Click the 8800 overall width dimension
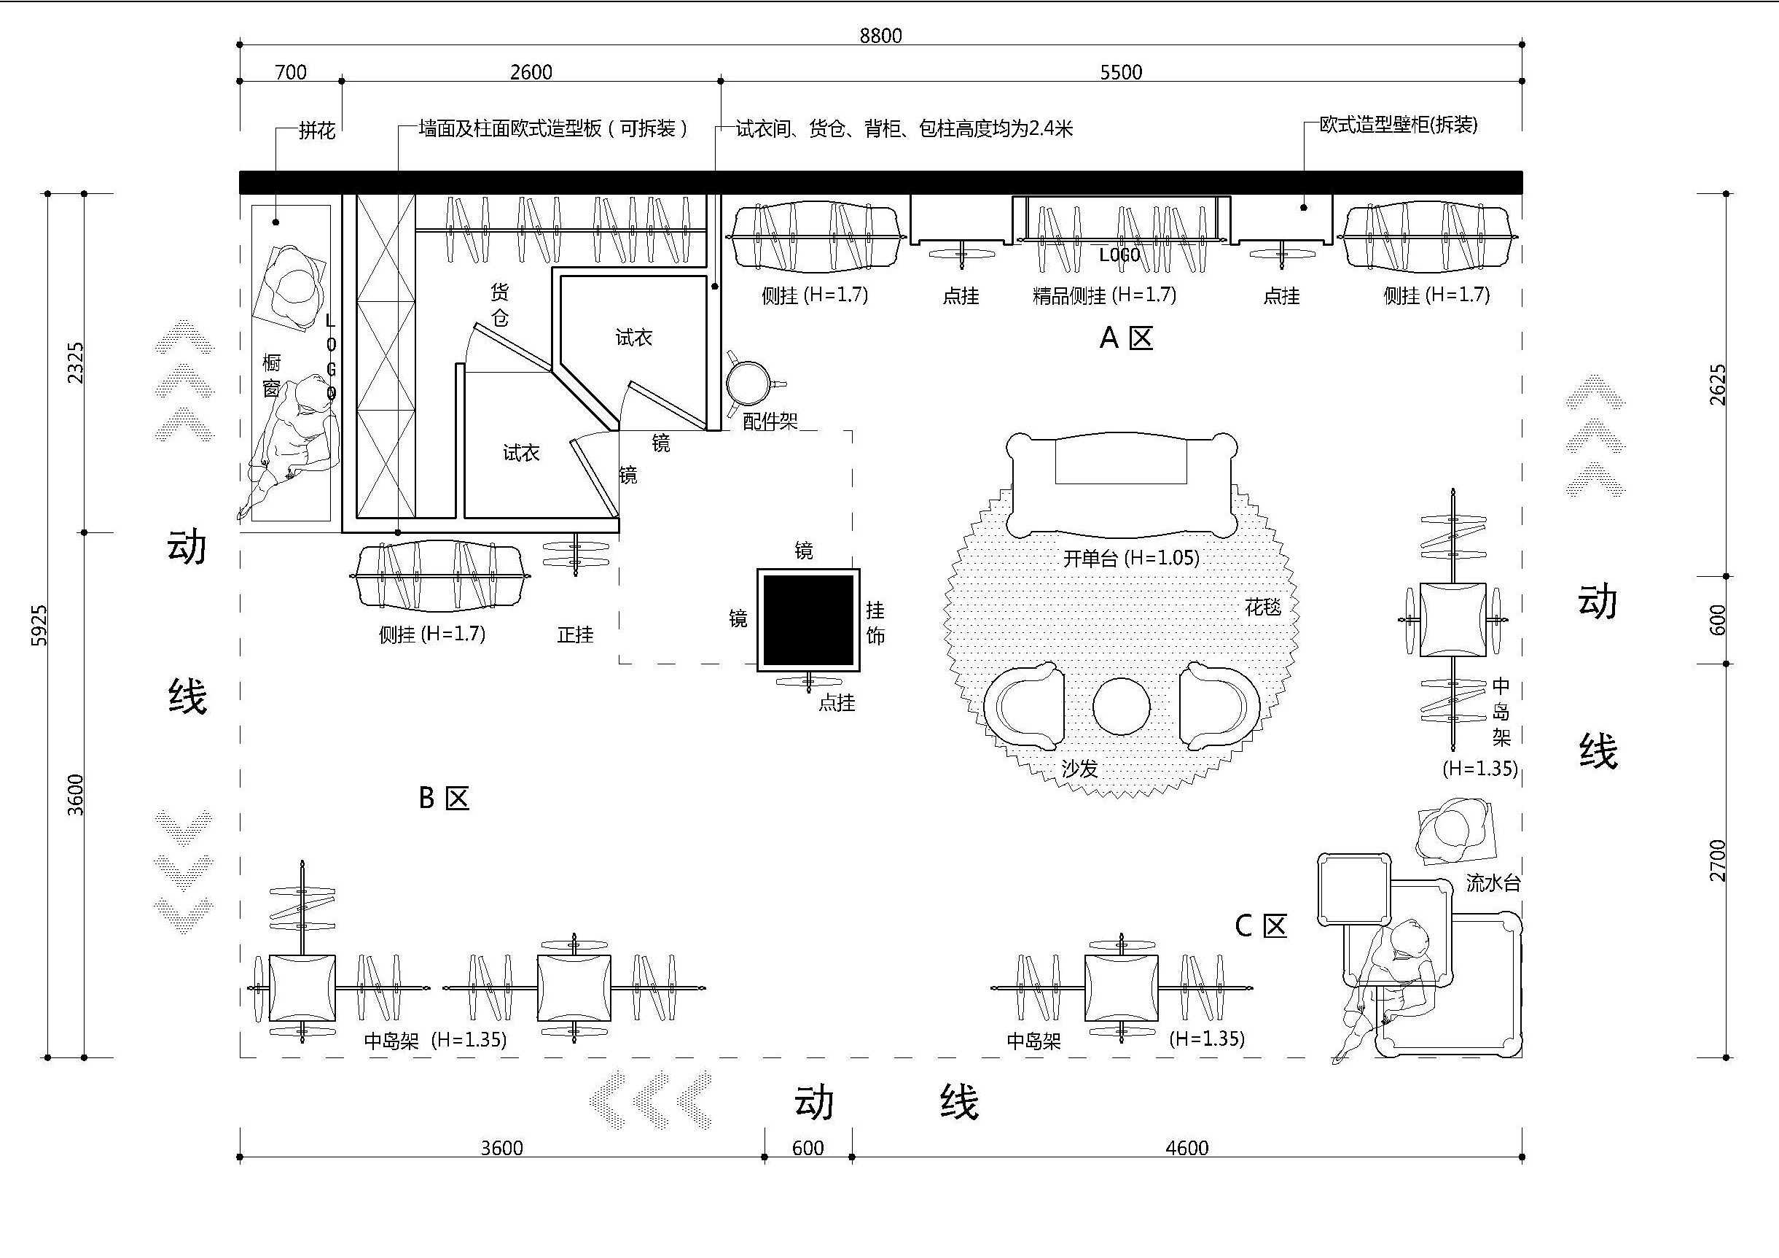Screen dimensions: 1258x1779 (880, 36)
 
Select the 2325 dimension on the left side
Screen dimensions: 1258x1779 (75, 362)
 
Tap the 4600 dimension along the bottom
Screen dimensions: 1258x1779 (1186, 1148)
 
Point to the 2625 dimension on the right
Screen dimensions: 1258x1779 (1717, 384)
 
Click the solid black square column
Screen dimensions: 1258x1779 (808, 619)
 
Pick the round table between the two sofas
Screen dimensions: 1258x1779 (1121, 706)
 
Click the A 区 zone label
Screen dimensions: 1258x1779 (1126, 338)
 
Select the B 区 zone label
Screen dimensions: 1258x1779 (443, 798)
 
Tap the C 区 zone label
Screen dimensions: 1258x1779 (1260, 925)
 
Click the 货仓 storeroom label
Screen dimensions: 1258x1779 (500, 305)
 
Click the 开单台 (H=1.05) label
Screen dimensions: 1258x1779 (1130, 558)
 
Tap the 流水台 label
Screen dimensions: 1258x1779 (1493, 883)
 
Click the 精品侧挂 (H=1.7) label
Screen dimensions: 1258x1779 (1104, 295)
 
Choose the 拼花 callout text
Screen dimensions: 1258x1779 (317, 131)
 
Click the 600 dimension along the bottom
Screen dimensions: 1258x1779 (808, 1148)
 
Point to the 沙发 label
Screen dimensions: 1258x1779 (1079, 769)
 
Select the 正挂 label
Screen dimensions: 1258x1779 (575, 634)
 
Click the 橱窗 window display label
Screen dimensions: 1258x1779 (271, 375)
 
